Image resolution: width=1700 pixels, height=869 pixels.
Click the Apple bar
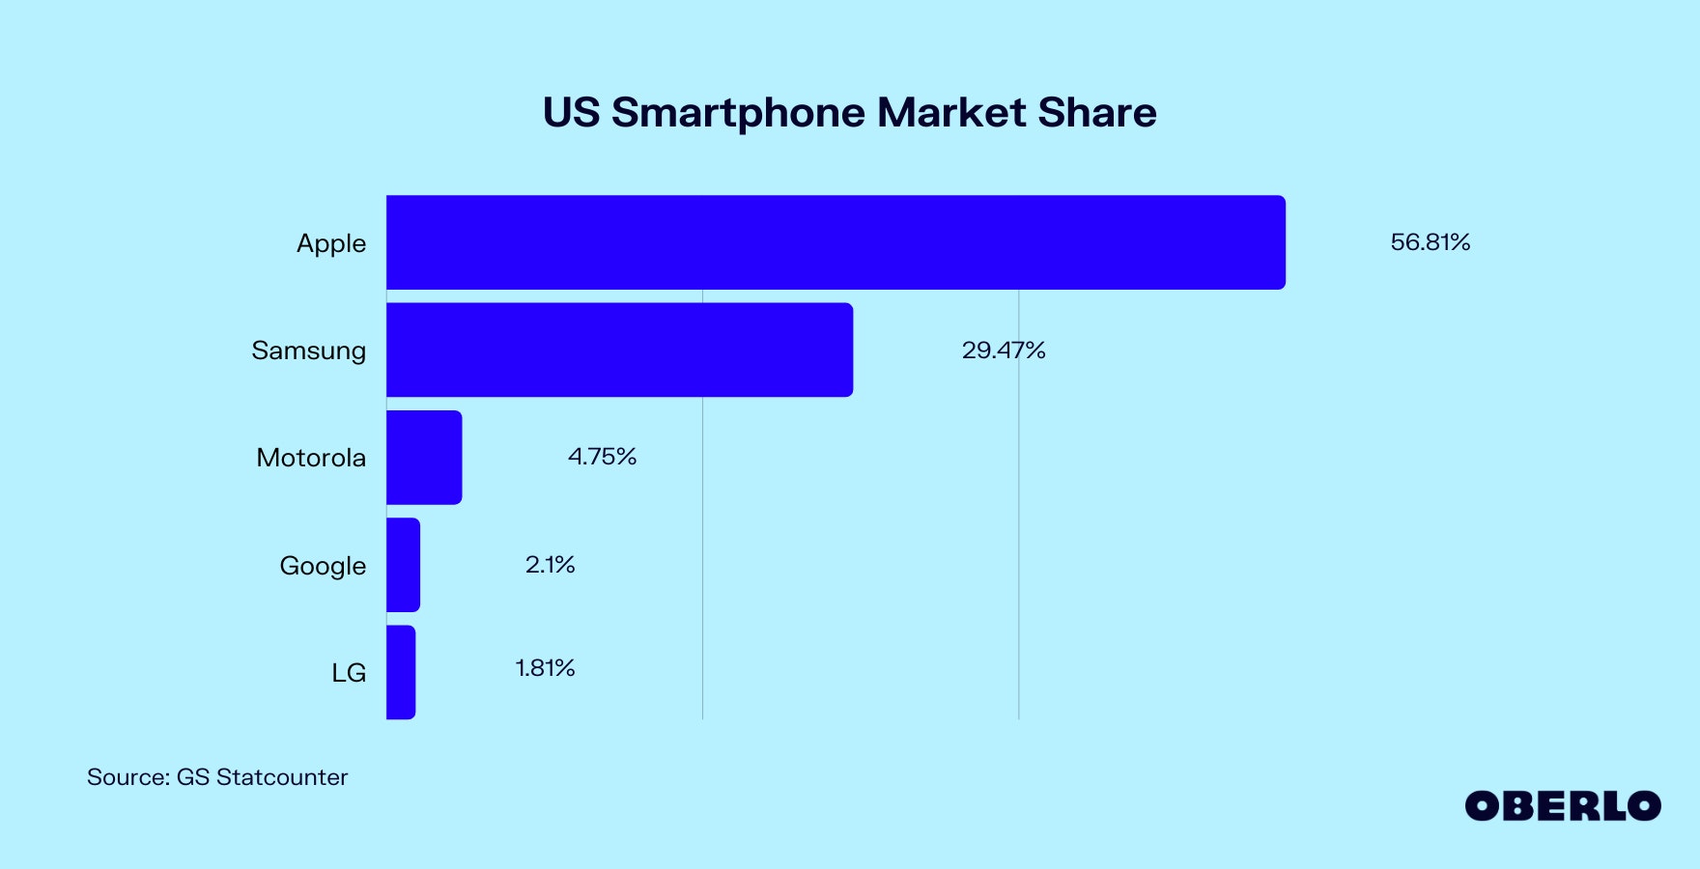click(x=836, y=242)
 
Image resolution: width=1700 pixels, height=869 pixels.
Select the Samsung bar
click(x=619, y=350)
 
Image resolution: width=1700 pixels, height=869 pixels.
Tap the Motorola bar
click(x=424, y=458)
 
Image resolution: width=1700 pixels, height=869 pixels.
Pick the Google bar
click(x=403, y=565)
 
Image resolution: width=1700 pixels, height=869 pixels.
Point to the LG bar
click(x=401, y=672)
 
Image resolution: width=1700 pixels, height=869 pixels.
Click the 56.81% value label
click(x=1430, y=242)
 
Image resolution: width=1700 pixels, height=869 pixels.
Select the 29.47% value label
click(x=1004, y=350)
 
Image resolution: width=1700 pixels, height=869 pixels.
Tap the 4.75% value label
click(x=602, y=457)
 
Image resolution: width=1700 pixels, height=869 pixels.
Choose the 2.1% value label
click(x=550, y=565)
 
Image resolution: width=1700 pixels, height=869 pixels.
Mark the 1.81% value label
click(x=545, y=668)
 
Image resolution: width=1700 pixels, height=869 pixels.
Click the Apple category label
click(x=331, y=243)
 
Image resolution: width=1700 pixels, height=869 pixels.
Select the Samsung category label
click(x=308, y=350)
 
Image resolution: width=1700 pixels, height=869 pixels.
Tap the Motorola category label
click(x=311, y=458)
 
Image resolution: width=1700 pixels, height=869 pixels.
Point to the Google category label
click(x=323, y=566)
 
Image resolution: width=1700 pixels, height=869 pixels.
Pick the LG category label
click(x=349, y=673)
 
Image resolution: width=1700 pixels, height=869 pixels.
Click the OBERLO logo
click(x=1562, y=806)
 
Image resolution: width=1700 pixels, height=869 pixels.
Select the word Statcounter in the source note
click(x=282, y=777)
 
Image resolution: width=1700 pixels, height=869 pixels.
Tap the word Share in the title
click(x=1097, y=113)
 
